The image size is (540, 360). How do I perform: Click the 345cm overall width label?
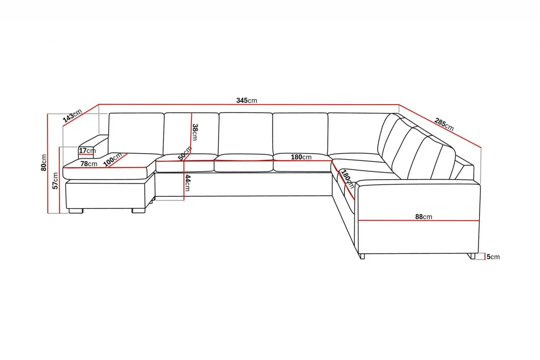(246, 100)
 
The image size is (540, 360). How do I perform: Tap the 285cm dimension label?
(444, 124)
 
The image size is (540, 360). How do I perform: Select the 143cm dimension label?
(73, 115)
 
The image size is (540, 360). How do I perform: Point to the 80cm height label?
(44, 163)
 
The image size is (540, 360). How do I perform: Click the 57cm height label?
(55, 181)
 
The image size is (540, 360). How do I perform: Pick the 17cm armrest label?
(87, 151)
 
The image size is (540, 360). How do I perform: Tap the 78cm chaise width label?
(89, 164)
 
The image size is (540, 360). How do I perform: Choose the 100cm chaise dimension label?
(113, 159)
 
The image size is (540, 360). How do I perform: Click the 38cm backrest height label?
(195, 132)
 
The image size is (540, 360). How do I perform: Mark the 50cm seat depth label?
(185, 153)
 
